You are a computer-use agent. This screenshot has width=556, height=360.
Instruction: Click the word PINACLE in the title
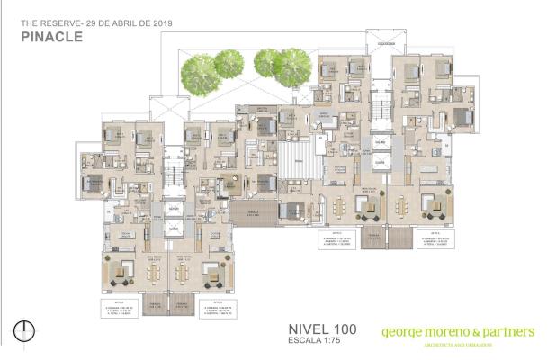(x=50, y=38)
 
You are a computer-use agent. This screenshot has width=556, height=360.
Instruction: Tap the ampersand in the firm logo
(x=477, y=332)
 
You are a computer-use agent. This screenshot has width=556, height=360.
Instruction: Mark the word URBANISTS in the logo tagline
(x=485, y=345)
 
